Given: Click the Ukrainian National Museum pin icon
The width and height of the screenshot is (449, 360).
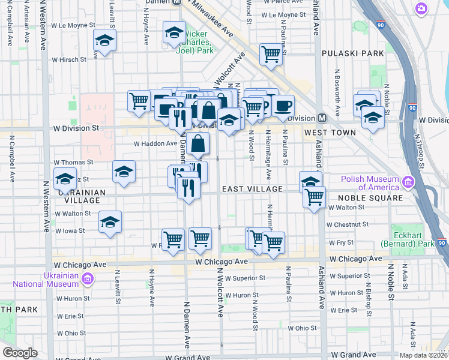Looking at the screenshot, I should click(88, 278).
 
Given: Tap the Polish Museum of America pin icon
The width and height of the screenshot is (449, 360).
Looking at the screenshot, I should click(408, 181).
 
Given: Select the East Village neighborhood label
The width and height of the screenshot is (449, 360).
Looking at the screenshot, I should click(252, 189).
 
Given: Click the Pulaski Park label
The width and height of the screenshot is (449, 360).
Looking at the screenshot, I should click(352, 53).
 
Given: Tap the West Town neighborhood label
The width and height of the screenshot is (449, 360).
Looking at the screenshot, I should click(327, 132).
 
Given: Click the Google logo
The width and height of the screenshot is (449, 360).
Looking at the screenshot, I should click(20, 353).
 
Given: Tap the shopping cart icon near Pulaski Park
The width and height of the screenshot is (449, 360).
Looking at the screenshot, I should click(271, 54).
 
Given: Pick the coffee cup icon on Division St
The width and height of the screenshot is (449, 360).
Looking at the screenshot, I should click(283, 105).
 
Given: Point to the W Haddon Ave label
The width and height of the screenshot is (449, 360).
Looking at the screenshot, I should click(154, 144).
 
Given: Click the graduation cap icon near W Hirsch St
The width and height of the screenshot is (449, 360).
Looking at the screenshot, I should click(104, 41).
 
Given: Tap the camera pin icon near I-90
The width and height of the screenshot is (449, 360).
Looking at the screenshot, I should click(421, 8).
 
